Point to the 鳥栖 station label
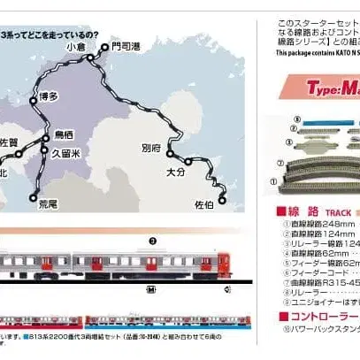[x=65, y=134]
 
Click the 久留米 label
[x=70, y=152]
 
